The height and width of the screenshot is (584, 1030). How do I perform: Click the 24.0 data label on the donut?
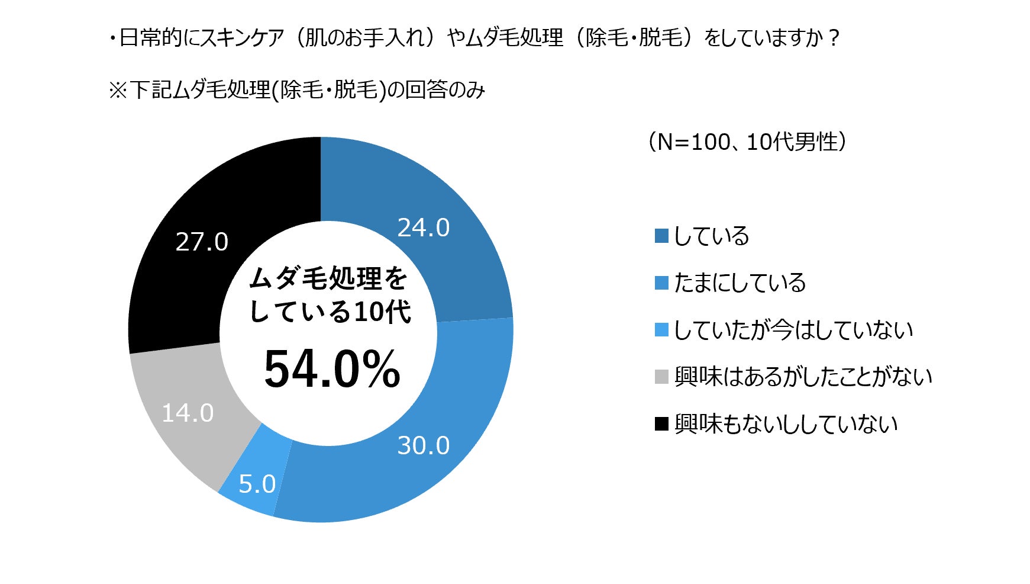(423, 227)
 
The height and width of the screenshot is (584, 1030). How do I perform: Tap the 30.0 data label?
(423, 445)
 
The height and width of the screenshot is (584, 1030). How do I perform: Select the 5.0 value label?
(257, 484)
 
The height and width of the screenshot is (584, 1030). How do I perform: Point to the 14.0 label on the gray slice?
(188, 413)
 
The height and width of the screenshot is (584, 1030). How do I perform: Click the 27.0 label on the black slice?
(202, 242)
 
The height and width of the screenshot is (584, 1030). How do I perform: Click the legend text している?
(711, 236)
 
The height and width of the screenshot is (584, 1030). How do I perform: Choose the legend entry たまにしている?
(740, 283)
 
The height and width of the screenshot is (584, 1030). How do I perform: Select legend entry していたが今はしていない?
(793, 330)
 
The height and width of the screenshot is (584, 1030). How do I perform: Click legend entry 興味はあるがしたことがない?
(803, 377)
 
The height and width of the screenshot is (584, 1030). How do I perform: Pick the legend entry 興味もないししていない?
(786, 424)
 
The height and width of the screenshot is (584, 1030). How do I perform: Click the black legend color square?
(661, 424)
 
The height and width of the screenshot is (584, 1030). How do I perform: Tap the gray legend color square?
(661, 377)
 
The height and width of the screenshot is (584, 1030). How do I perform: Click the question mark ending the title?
(834, 38)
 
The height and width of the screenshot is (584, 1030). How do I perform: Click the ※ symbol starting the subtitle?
(118, 91)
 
